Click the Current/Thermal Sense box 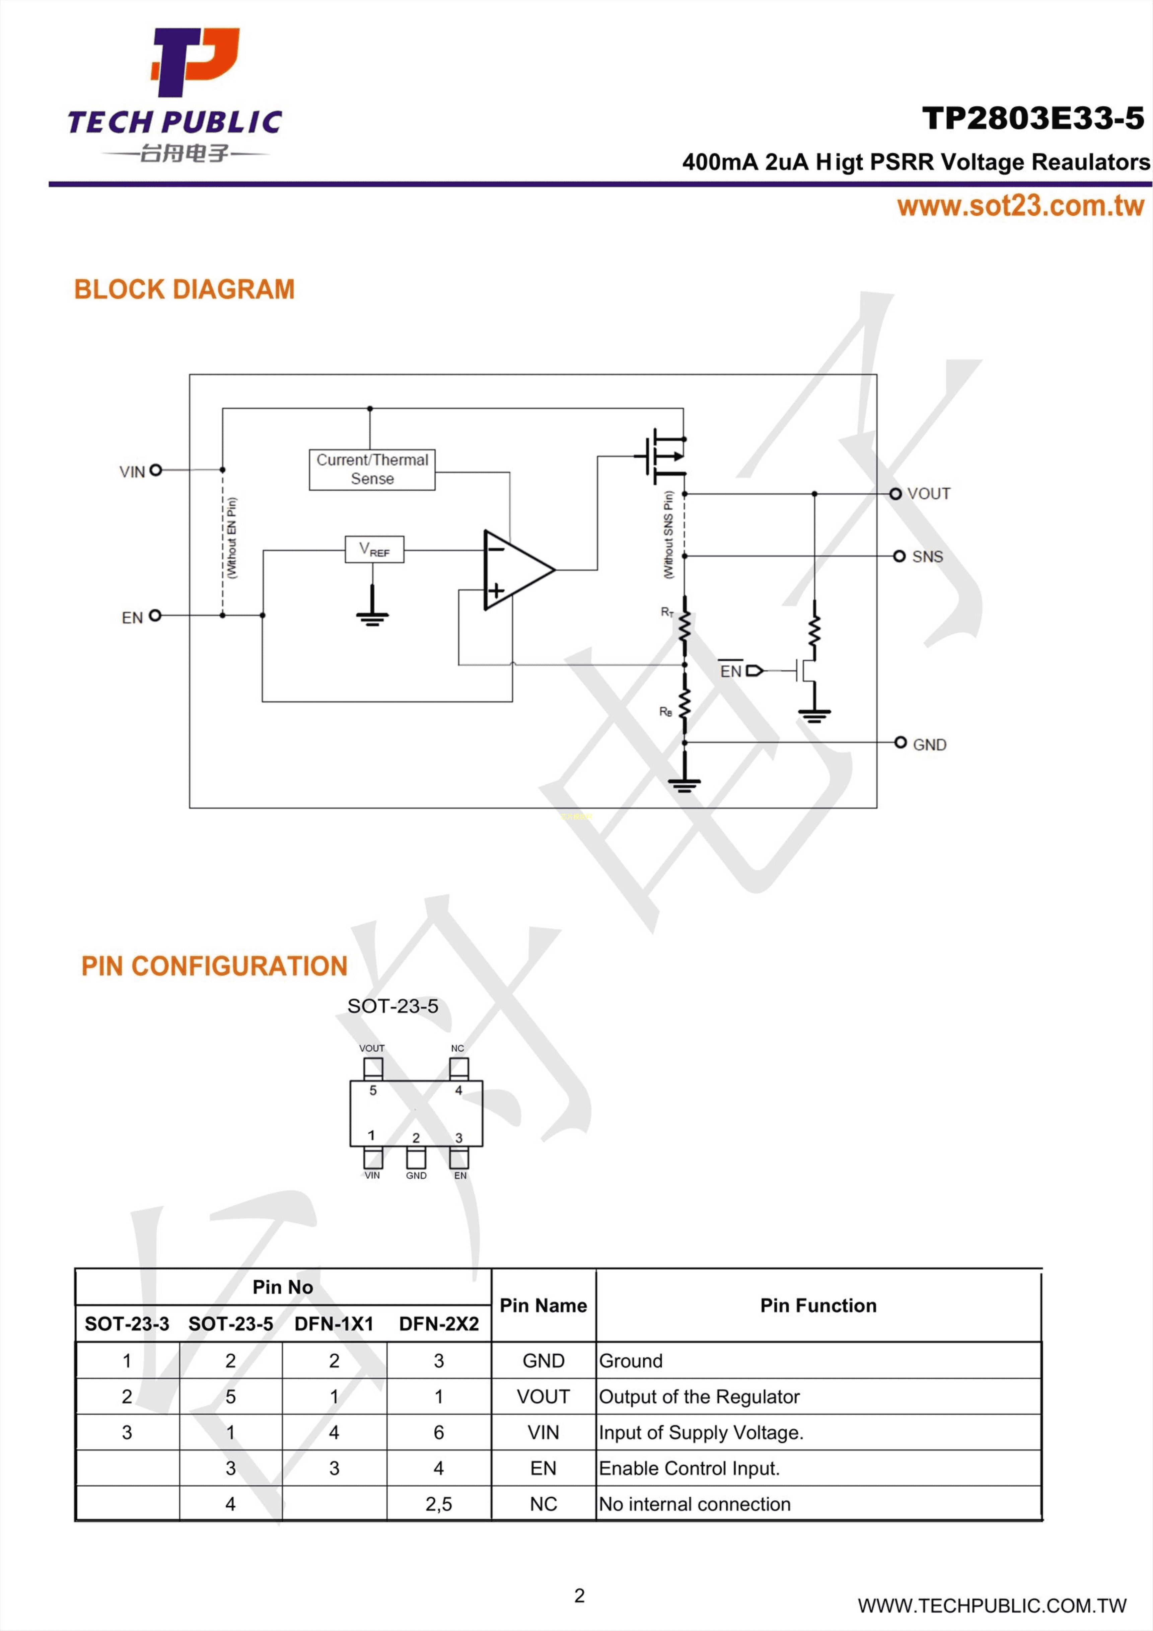[x=371, y=470]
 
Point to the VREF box [x=374, y=549]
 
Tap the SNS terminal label [x=927, y=557]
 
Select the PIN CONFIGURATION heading [x=214, y=966]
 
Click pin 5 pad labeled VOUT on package [x=373, y=1068]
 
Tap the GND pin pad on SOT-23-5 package [x=416, y=1158]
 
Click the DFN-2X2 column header [x=438, y=1324]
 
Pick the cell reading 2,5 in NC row [x=438, y=1504]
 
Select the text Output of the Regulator [x=699, y=1397]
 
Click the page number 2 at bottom [x=579, y=1595]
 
